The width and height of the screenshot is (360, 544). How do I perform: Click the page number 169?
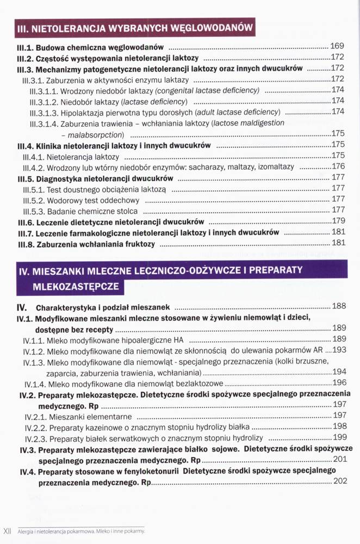pos(337,45)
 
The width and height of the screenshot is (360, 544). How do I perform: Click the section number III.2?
pos(27,58)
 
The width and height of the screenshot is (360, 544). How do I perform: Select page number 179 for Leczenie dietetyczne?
pos(338,221)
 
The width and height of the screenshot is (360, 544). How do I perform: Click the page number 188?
pos(339,306)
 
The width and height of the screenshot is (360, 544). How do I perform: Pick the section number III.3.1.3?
pos(43,112)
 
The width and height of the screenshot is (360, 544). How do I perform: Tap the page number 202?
pos(339,481)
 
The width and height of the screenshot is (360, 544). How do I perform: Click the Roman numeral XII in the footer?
pos(8,531)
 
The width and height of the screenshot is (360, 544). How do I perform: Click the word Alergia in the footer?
pos(27,531)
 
